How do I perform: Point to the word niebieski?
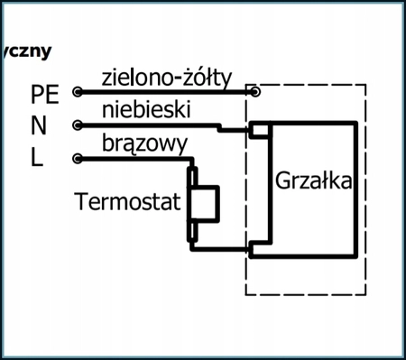(145, 110)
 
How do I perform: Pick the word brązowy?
(144, 143)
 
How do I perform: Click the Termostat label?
(125, 200)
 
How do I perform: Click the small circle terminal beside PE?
(77, 92)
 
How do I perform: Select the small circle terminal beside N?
(77, 125)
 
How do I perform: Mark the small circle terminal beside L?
(77, 159)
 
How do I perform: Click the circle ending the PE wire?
(257, 91)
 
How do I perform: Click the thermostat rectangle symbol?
(205, 204)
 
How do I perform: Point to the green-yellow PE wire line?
(162, 91)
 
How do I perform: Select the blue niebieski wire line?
(153, 125)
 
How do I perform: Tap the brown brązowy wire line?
(135, 159)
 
